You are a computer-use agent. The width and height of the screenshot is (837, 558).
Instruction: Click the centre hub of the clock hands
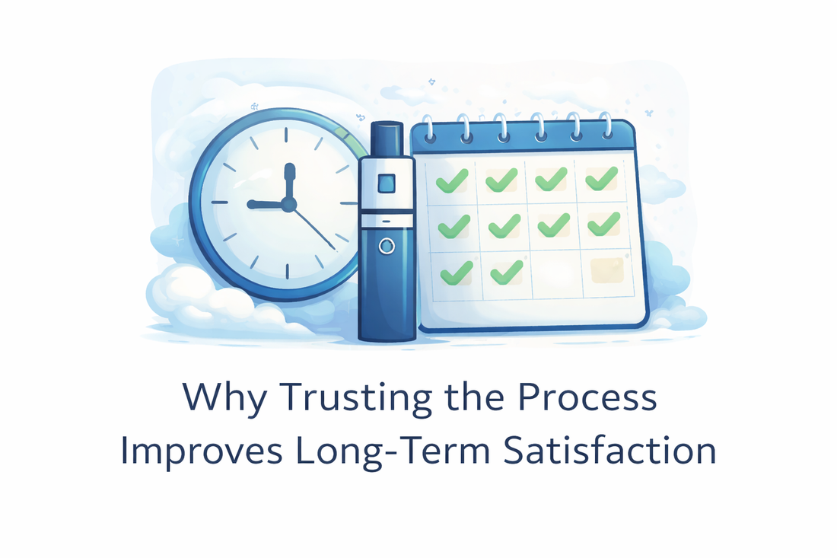(288, 204)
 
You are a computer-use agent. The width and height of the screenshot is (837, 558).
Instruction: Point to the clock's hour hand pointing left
(266, 204)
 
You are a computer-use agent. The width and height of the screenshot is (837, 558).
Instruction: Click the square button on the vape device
(387, 183)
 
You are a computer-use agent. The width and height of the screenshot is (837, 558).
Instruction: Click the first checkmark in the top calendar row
(452, 180)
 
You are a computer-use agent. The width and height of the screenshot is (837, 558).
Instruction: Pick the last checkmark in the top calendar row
(603, 179)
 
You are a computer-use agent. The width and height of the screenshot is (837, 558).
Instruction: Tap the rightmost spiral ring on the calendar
(606, 124)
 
